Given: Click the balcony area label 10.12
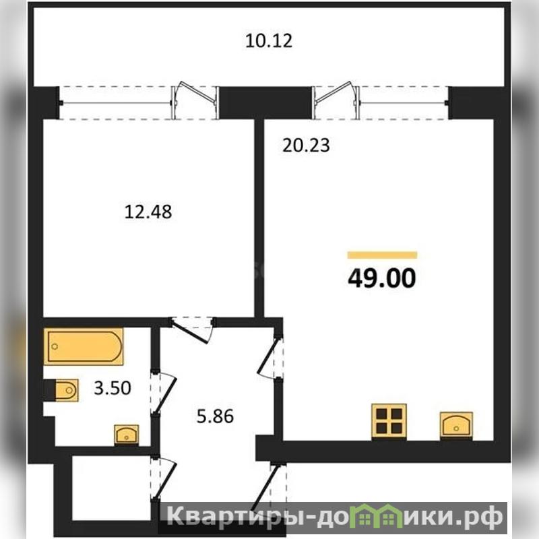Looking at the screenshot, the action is tap(269, 40).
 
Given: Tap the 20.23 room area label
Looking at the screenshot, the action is tap(306, 145).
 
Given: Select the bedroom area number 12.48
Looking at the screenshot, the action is tap(148, 212).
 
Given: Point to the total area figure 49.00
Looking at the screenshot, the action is tap(382, 278).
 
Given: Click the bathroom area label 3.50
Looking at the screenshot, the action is tap(113, 388).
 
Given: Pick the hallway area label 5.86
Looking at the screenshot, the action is tap(215, 416).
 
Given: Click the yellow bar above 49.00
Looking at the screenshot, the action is tap(382, 255).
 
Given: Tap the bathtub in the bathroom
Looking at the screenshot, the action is tap(84, 346).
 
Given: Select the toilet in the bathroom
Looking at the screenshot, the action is tap(61, 390).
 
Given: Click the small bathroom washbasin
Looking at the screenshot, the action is tap(127, 435).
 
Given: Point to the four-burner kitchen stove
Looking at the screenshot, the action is tap(389, 422).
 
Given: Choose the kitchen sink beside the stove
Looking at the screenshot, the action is tap(456, 426).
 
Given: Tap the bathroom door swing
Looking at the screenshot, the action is tap(164, 393).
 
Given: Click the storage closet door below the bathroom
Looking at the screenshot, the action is tap(164, 478).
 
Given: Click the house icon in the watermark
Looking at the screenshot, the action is tap(377, 516).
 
